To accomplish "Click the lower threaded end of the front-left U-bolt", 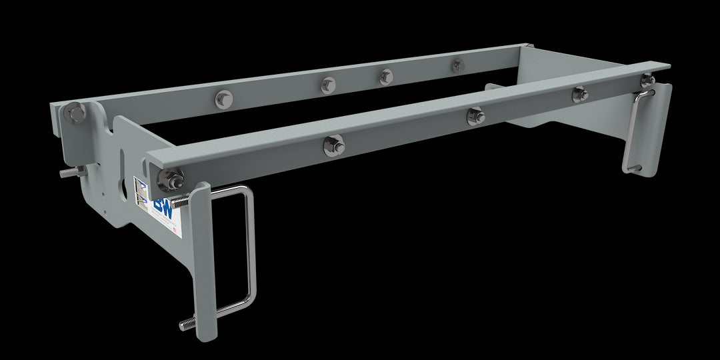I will pyautogui.click(x=187, y=324).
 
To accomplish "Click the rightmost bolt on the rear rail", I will pyautogui.click(x=458, y=65).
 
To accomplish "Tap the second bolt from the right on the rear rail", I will pyautogui.click(x=386, y=76).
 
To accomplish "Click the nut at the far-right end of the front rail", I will pyautogui.click(x=647, y=81).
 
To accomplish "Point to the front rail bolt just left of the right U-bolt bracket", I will pyautogui.click(x=579, y=94).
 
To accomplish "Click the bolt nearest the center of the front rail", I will pyautogui.click(x=475, y=116).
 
